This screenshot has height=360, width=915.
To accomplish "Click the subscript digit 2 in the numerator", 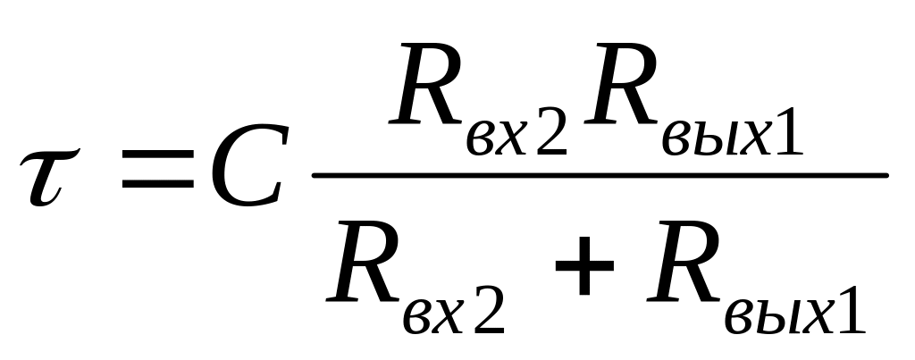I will (550, 138).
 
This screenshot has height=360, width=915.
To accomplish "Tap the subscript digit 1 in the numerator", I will (786, 138).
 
